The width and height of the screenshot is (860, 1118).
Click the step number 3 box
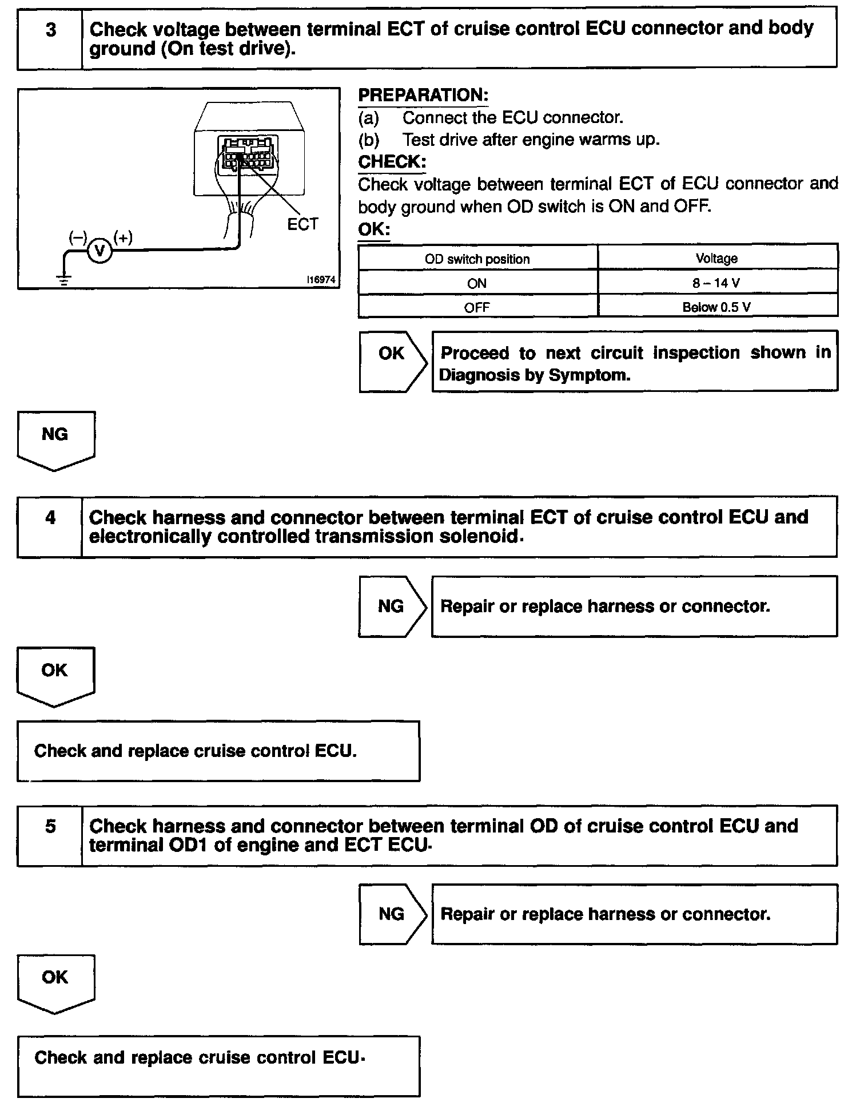(50, 38)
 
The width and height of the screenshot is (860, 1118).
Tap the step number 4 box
(50, 526)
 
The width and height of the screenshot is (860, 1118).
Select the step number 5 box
(50, 835)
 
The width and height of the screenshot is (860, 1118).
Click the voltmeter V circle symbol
(100, 251)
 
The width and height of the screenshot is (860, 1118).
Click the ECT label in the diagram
(302, 225)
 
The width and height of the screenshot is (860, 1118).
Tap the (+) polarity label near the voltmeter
(123, 237)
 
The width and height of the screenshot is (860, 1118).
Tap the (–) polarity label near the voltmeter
(78, 237)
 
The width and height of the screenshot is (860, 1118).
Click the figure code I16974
(321, 280)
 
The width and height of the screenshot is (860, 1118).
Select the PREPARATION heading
(423, 95)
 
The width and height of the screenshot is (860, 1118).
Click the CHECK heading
(392, 162)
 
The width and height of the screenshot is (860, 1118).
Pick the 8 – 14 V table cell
(717, 283)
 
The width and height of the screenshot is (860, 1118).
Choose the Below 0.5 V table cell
(717, 307)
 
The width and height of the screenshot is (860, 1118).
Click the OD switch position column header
(477, 259)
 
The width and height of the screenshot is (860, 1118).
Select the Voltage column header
(717, 259)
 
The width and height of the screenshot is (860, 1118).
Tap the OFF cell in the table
(477, 307)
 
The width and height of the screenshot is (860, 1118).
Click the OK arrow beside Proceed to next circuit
(392, 360)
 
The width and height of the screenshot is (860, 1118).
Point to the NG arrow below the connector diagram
(55, 439)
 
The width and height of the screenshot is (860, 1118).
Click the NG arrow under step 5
(392, 914)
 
